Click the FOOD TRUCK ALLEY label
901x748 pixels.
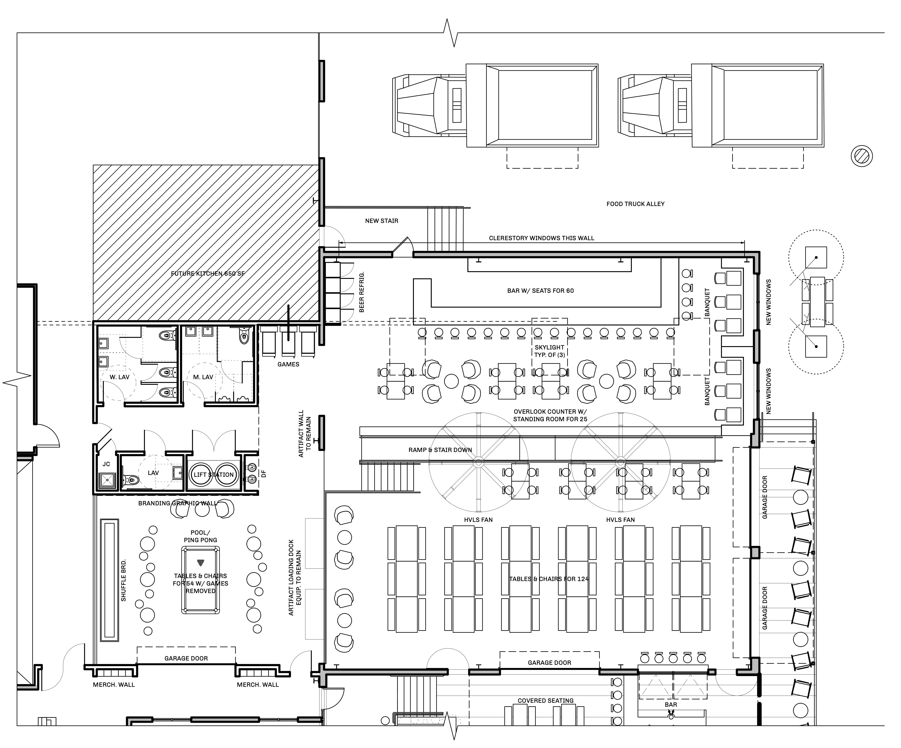tap(635, 204)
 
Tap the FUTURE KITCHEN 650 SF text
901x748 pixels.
tap(208, 273)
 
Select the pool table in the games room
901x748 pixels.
tap(200, 580)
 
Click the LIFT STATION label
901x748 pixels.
tap(214, 475)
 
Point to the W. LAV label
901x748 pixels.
tap(119, 377)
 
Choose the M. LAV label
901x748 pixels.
tap(203, 377)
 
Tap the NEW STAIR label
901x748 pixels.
tap(381, 221)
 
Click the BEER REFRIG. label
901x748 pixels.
tap(362, 292)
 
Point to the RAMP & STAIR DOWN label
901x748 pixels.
tap(440, 450)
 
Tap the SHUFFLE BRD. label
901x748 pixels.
tap(124, 580)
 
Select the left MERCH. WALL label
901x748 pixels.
tap(114, 685)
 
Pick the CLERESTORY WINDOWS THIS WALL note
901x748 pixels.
tap(542, 238)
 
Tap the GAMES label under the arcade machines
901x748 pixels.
tap(288, 364)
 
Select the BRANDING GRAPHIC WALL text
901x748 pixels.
tap(178, 503)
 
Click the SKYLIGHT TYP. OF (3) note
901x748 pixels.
tap(550, 351)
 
